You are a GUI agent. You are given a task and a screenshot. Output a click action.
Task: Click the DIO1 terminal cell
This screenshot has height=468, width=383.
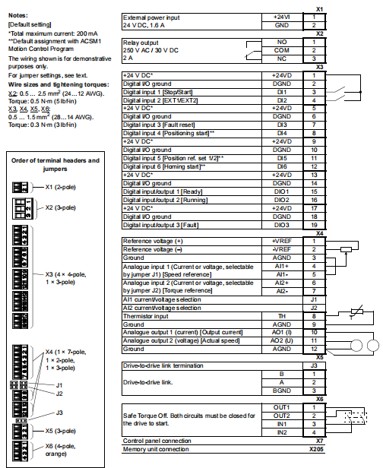[281, 191]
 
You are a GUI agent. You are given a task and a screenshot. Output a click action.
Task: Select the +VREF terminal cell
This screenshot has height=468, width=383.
[281, 241]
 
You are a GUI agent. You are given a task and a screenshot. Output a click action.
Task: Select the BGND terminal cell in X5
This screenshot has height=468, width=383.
[281, 391]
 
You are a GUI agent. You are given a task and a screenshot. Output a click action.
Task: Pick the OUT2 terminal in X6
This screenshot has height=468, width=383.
[281, 416]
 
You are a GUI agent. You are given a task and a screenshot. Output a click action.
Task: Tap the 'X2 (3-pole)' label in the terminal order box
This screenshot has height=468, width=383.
[65, 206]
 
